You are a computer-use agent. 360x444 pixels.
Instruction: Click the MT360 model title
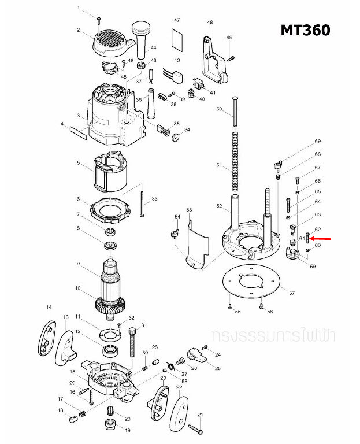pyautogui.click(x=305, y=29)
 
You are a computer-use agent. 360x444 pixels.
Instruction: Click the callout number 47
pyautogui.click(x=177, y=20)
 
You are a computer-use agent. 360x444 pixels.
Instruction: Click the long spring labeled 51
pyautogui.click(x=235, y=161)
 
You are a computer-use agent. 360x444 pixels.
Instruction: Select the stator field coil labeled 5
pyautogui.click(x=109, y=173)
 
